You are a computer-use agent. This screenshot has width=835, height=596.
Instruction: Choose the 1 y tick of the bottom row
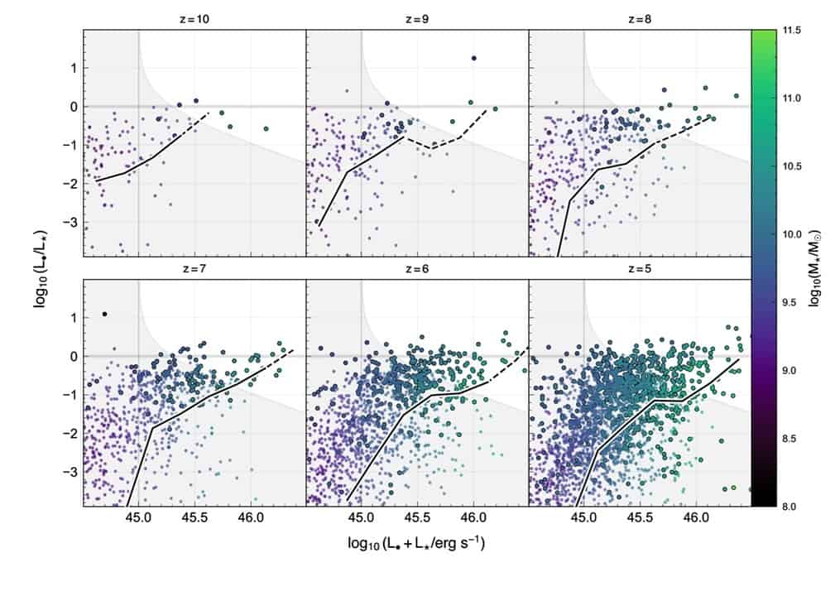[x=74, y=318]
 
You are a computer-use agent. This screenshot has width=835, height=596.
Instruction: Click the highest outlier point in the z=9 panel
[x=473, y=58]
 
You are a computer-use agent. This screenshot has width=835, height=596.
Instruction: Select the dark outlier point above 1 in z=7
[x=104, y=314]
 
